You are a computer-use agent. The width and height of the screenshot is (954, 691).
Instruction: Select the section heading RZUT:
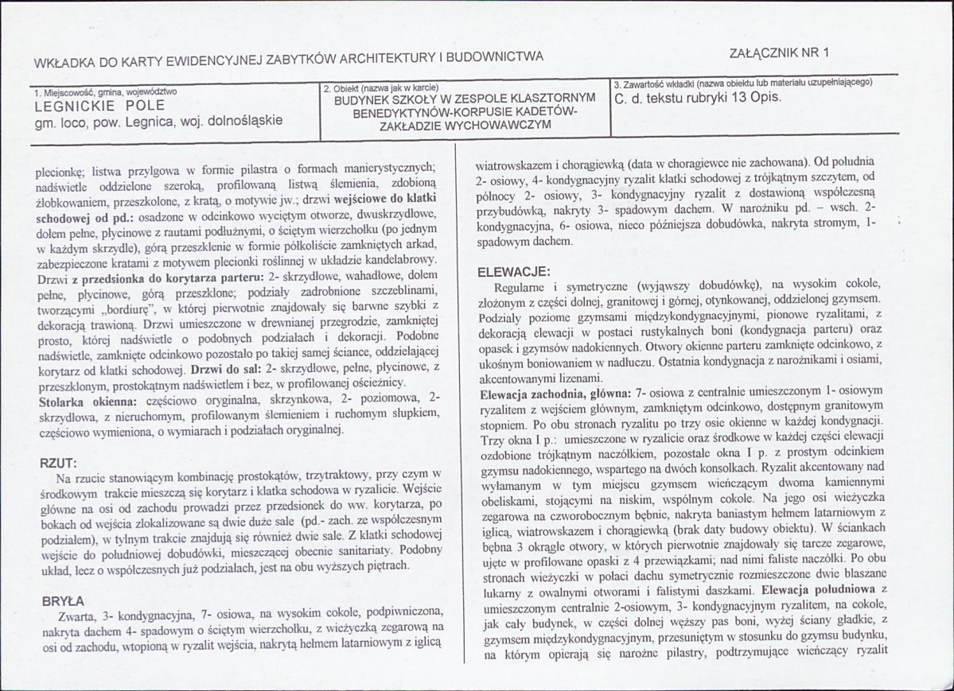(58, 462)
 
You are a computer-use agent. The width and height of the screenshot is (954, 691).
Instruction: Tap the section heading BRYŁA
(61, 600)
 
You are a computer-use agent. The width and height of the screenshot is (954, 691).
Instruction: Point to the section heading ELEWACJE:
(510, 271)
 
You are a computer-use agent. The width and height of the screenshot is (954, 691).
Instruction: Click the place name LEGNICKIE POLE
(99, 105)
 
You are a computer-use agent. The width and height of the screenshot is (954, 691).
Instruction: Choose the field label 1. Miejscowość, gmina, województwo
(105, 91)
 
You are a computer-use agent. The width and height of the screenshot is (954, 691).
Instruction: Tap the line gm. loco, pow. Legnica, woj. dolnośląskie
(158, 122)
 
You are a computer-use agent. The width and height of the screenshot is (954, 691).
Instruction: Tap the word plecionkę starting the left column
(61, 169)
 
